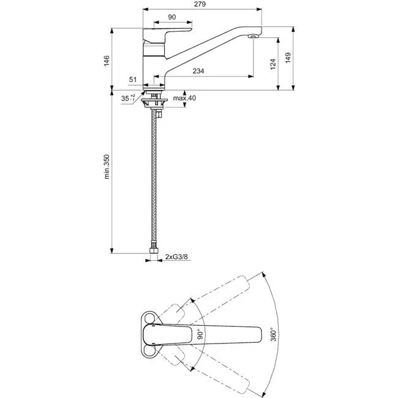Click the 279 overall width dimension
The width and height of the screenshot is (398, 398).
point(200,4)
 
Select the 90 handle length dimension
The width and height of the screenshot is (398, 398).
point(172,17)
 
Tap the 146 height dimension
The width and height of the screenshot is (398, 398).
point(107,61)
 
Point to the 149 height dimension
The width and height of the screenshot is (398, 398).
point(288,58)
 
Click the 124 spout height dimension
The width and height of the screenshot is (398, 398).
point(273,64)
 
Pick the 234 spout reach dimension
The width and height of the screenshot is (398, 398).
point(198,71)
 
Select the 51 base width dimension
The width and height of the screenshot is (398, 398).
point(133,80)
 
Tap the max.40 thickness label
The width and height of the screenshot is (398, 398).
point(184,98)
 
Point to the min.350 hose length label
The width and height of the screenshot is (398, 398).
point(107,167)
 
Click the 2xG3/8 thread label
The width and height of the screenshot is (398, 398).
point(176,257)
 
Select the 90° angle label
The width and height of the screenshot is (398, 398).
point(200,334)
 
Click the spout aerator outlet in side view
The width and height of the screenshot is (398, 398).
point(253,36)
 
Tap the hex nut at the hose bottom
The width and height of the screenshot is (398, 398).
point(153,250)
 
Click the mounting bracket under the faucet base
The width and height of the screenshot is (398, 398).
point(154,103)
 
